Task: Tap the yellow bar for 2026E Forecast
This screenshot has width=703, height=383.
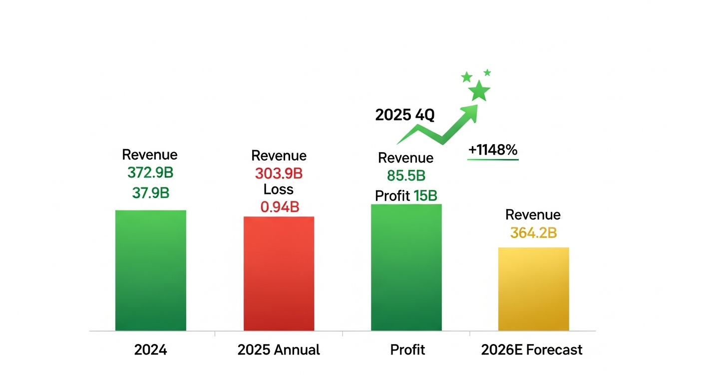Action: click(x=533, y=289)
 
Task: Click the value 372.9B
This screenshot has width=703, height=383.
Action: click(x=150, y=173)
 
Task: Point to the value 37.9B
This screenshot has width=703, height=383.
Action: click(x=150, y=192)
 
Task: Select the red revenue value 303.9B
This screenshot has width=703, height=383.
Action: click(x=279, y=174)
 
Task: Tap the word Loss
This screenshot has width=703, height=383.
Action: click(x=279, y=190)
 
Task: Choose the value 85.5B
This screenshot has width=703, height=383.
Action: click(x=406, y=176)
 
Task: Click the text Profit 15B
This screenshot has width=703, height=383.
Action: click(x=406, y=195)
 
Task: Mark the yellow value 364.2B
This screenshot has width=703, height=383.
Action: click(x=533, y=232)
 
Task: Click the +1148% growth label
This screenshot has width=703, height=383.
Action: click(x=493, y=150)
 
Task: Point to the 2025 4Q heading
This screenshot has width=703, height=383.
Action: click(x=405, y=115)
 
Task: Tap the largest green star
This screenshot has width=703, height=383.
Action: click(x=479, y=91)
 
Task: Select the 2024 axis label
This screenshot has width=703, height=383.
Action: click(x=150, y=350)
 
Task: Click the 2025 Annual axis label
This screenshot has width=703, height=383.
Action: click(x=279, y=350)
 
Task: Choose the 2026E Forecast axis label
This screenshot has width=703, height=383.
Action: click(x=532, y=350)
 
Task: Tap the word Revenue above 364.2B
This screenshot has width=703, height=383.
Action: click(x=533, y=215)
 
